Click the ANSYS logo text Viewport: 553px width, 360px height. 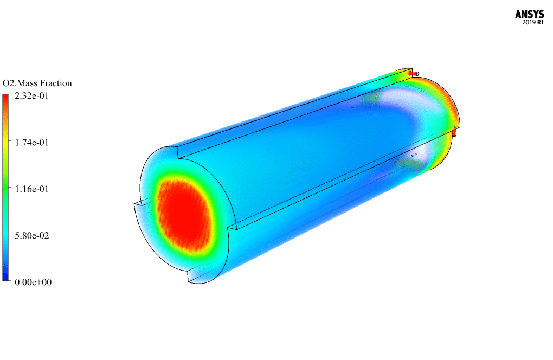(x=529, y=14)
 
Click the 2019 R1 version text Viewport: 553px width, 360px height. (x=533, y=23)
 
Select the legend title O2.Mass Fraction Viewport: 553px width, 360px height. (x=37, y=83)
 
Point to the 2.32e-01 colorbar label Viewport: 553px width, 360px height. (x=32, y=96)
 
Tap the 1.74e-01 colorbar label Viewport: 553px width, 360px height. (x=32, y=143)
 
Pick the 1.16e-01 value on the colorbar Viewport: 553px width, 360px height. (x=32, y=189)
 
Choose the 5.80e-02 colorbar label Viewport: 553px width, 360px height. (x=32, y=235)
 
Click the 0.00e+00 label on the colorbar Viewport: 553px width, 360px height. (x=33, y=282)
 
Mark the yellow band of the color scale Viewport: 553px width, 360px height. (x=5, y=141)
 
